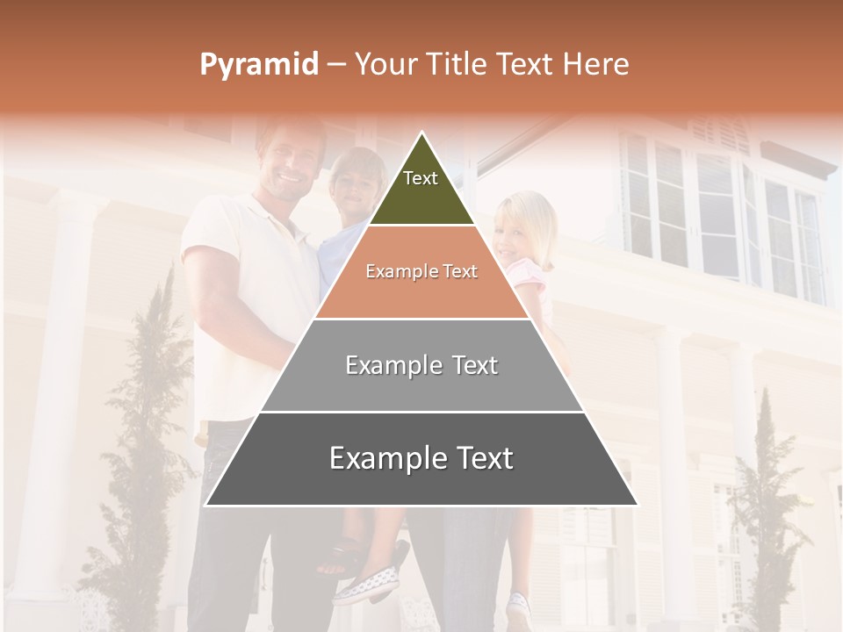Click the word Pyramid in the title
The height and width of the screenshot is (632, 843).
pos(258,65)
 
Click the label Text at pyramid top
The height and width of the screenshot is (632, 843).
pos(421,178)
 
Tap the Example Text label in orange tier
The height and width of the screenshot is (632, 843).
pos(421,271)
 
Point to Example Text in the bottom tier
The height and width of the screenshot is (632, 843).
pos(421,458)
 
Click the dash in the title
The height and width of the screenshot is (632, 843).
pos(336,65)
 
